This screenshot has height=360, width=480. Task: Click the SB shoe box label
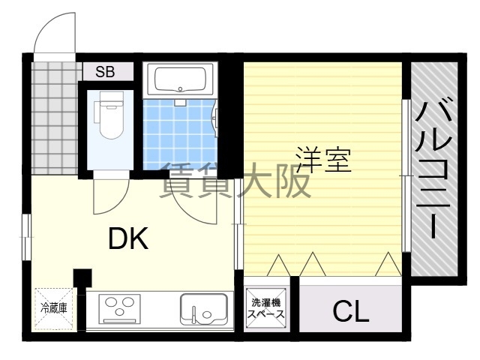[105, 72]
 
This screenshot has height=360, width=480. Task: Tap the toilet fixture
[110, 114]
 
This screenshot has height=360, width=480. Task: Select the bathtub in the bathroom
[180, 80]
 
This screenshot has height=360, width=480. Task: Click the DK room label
[128, 238]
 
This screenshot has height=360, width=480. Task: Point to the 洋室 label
[323, 160]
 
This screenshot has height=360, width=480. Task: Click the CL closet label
[351, 310]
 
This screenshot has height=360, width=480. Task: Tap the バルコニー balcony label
[433, 167]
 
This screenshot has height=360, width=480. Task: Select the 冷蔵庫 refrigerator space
[54, 308]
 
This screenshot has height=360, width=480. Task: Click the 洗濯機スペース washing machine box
[266, 308]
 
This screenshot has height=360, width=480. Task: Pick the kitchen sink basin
[203, 309]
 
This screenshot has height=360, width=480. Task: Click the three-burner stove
[119, 309]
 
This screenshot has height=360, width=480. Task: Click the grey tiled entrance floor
[55, 118]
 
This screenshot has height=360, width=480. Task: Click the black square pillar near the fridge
[82, 277]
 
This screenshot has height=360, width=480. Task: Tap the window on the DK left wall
[27, 237]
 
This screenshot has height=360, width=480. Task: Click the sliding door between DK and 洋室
[238, 224]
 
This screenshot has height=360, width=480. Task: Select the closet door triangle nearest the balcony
[388, 264]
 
